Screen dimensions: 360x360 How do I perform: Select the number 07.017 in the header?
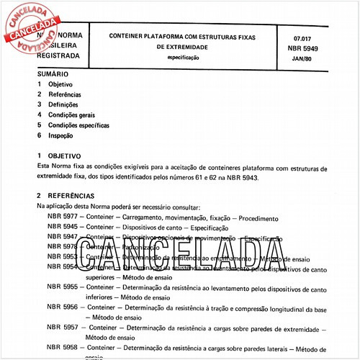314,34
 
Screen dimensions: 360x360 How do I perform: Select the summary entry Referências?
65,94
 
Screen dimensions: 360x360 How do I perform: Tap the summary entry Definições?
63,104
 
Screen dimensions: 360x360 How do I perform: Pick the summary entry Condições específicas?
79,125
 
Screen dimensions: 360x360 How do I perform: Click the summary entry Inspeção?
61,135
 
